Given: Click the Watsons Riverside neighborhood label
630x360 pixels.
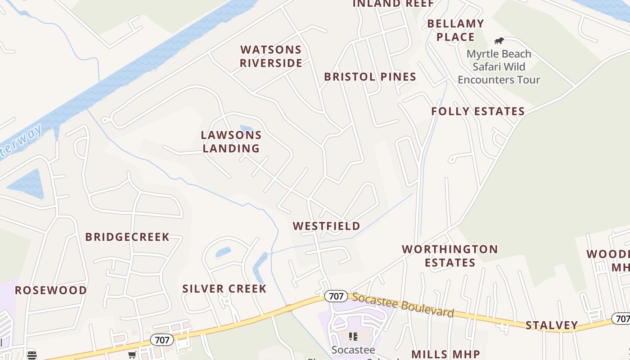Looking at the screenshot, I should [271, 56].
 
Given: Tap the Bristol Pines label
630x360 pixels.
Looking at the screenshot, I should [370, 77].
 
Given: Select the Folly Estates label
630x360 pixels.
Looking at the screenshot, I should [478, 111].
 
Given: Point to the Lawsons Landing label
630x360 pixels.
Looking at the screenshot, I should [231, 141].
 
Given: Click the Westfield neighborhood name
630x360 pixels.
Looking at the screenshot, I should [327, 226].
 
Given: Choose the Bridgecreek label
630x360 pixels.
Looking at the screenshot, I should [127, 237].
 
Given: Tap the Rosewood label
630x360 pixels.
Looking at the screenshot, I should [51, 290].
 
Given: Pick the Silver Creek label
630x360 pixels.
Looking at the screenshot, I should [225, 288].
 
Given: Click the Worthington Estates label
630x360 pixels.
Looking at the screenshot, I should [450, 256].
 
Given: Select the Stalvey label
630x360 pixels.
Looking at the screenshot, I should [552, 325].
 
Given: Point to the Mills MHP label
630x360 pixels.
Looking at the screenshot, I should [445, 354].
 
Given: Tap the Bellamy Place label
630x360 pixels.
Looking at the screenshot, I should [455, 30].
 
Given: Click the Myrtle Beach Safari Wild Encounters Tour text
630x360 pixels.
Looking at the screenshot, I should [499, 67].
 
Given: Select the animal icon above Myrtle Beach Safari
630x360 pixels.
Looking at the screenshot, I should [499, 40].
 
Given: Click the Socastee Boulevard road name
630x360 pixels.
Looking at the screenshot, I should [403, 305].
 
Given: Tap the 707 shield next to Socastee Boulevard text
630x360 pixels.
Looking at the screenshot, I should [336, 296].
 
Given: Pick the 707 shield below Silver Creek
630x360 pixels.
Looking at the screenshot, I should [162, 340].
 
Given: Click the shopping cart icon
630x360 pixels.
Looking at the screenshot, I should [132, 355].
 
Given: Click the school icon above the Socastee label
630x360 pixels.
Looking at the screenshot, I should [353, 336].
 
